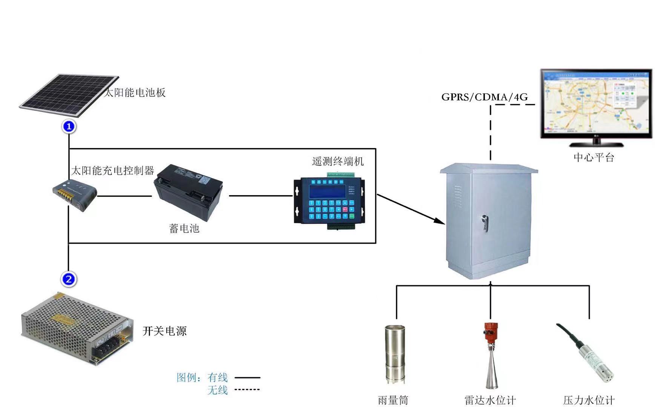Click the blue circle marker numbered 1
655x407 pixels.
(x=69, y=127)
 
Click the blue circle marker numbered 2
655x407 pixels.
(x=69, y=279)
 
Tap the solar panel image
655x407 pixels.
(x=68, y=95)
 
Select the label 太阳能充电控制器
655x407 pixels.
(x=112, y=171)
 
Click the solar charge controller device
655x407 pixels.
(x=75, y=195)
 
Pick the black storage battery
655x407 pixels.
(x=189, y=192)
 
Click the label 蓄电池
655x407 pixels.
(x=184, y=228)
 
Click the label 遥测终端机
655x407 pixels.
(x=337, y=161)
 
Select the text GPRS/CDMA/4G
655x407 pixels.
(x=485, y=97)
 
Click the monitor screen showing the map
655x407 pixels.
(x=596, y=103)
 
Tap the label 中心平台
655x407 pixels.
(x=594, y=157)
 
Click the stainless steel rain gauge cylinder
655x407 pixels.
(x=394, y=352)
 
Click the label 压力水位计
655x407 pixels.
(x=589, y=400)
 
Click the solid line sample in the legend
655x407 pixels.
(x=247, y=377)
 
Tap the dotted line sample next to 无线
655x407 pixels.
(x=247, y=389)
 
